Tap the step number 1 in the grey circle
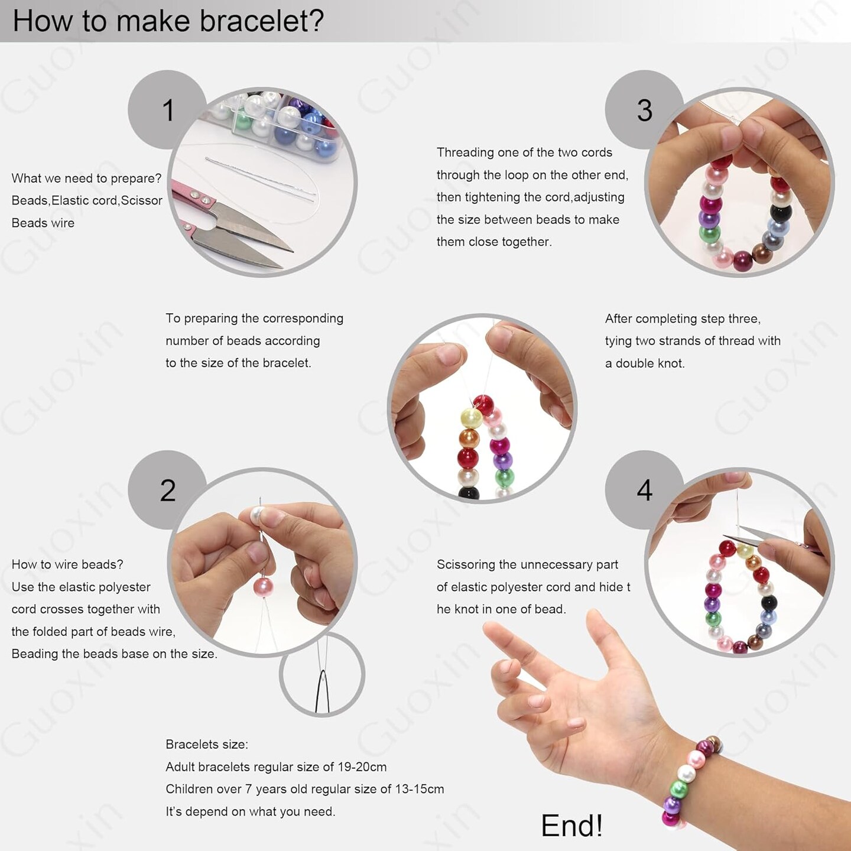point(168,111)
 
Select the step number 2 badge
point(168,490)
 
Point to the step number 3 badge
point(644,111)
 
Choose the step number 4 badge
point(644,490)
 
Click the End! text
point(571,826)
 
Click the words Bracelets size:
point(207,745)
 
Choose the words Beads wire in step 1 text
point(43,223)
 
